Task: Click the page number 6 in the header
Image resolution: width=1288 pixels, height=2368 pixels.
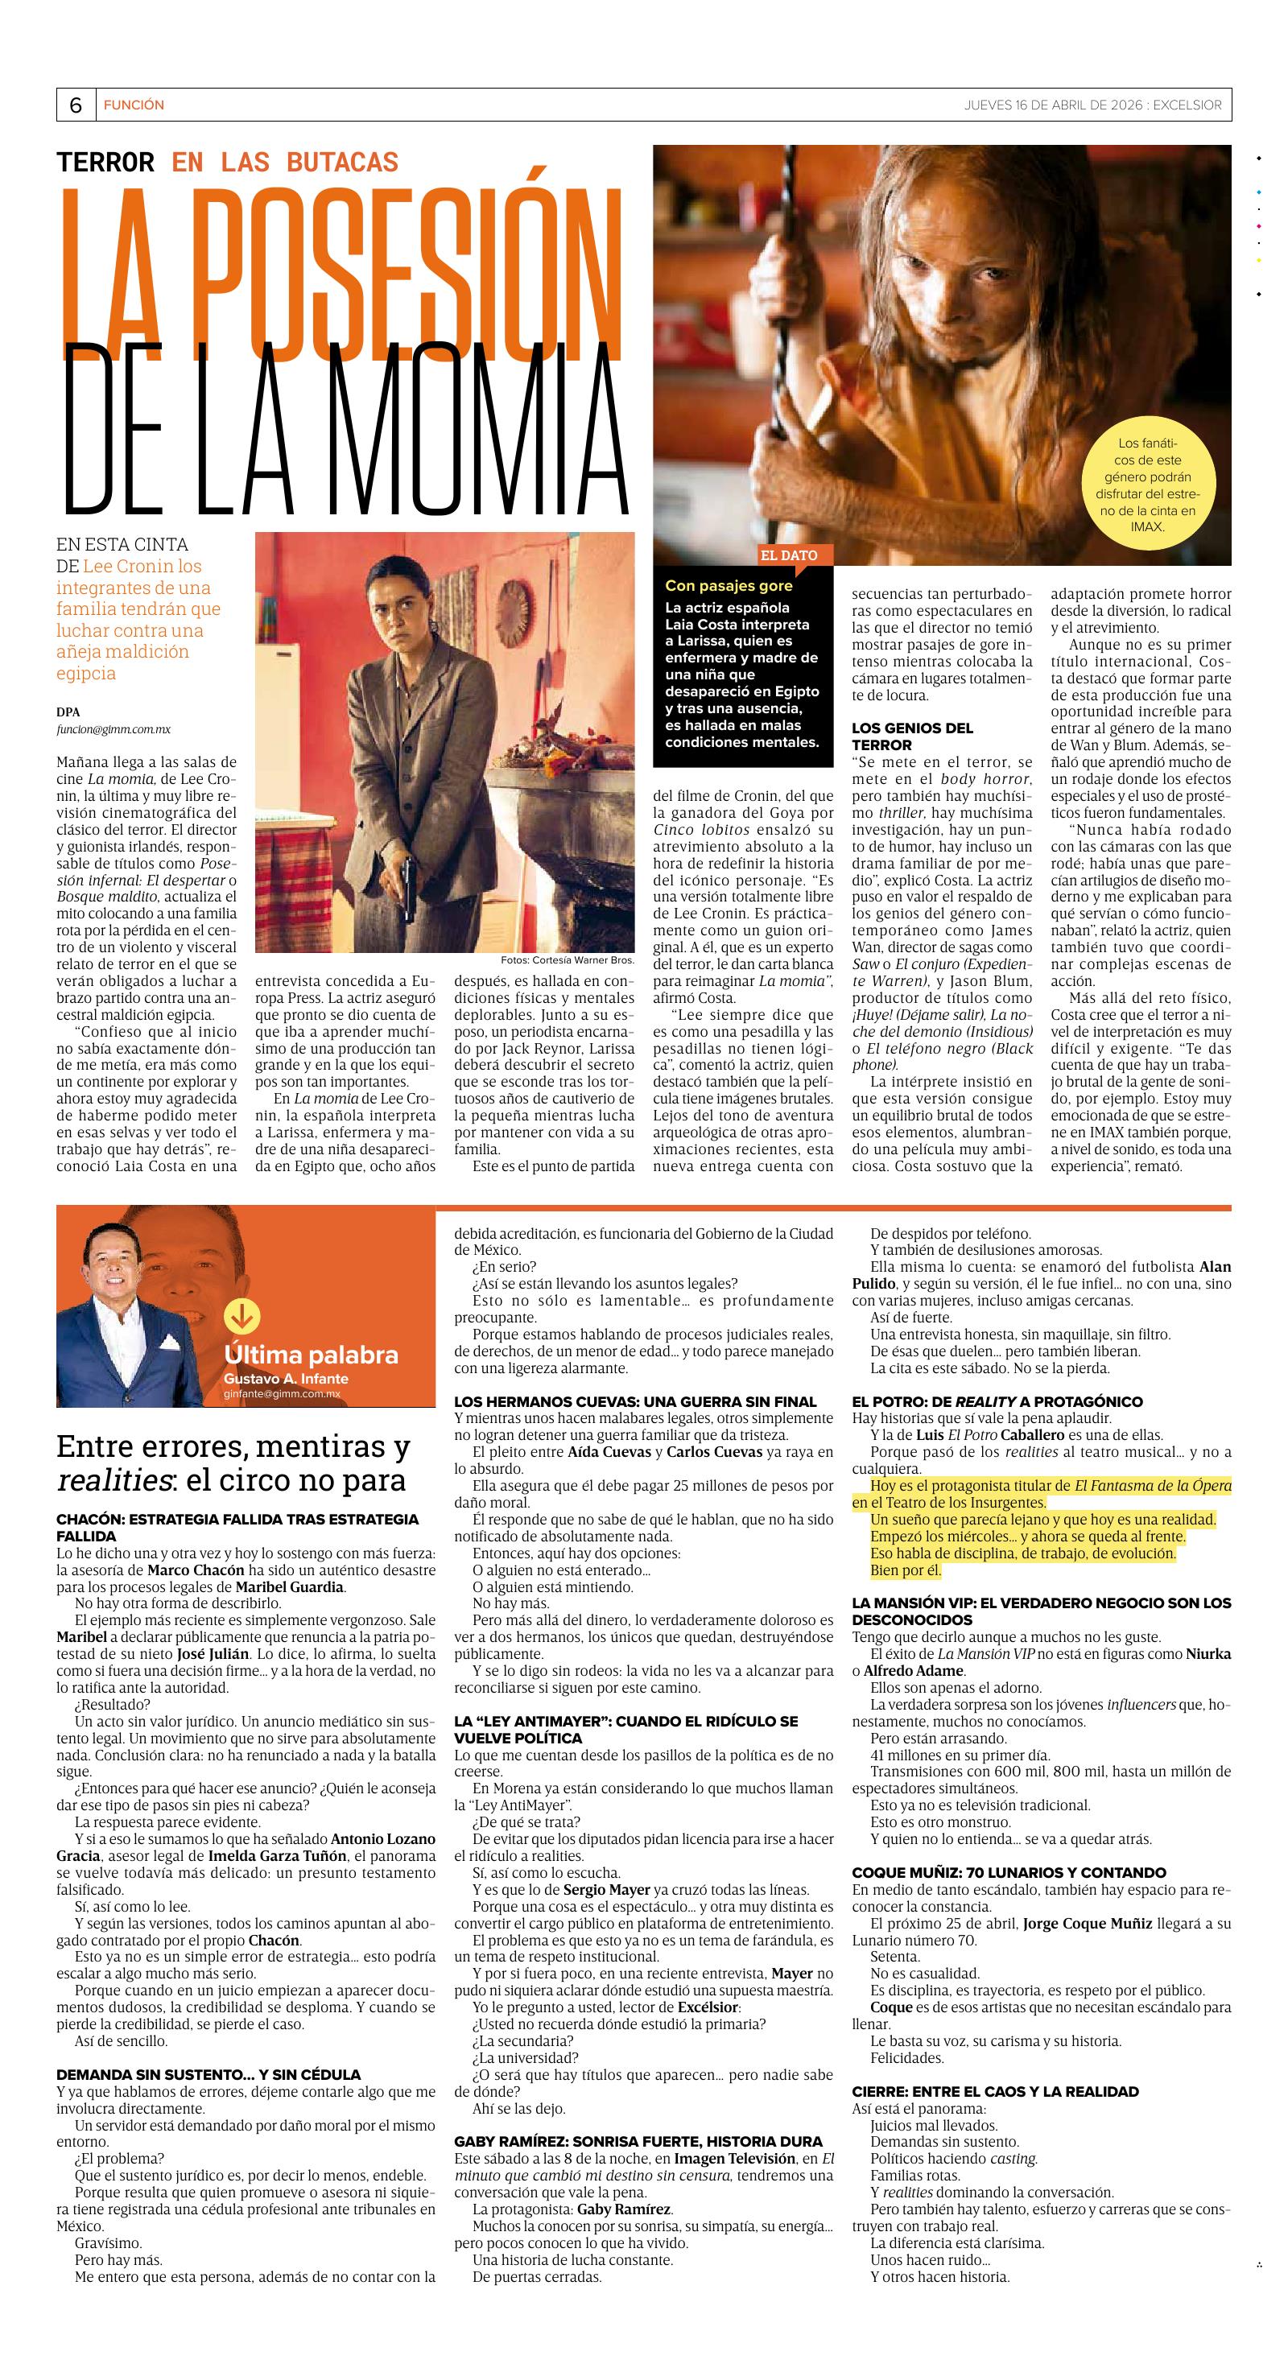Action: tap(76, 105)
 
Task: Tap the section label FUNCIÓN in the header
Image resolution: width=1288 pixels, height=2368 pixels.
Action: tap(134, 105)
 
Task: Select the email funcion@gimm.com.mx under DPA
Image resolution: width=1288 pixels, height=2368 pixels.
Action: tap(113, 729)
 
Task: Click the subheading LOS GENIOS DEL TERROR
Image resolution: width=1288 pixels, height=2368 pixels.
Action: tap(912, 736)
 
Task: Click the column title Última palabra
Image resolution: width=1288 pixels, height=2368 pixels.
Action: tap(311, 1355)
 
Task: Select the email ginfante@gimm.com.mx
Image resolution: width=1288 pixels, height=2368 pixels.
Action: tap(281, 1393)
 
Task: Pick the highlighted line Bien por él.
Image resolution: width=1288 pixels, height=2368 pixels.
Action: tap(905, 1570)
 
